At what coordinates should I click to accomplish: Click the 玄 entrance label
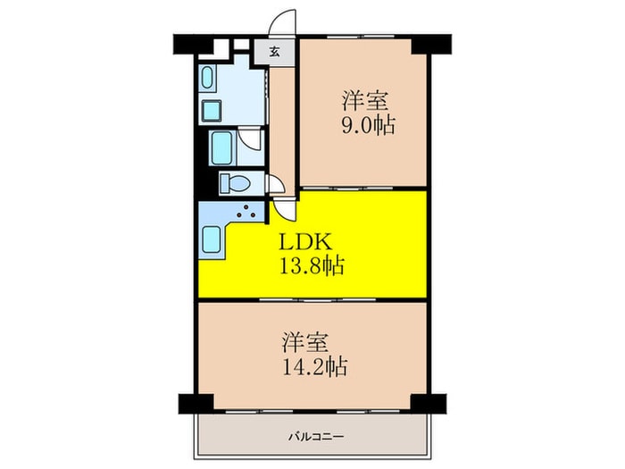point(274,52)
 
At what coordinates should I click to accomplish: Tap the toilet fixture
point(235,184)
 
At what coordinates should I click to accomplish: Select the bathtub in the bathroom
point(222,148)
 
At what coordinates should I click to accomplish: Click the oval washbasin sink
point(207,79)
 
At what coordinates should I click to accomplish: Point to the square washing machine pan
point(212,111)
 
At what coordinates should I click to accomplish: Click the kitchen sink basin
point(212,239)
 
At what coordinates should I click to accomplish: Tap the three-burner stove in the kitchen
point(246,212)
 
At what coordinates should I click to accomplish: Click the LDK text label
point(305,242)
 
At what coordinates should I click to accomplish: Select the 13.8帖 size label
point(312,265)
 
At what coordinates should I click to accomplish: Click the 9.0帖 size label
point(368,125)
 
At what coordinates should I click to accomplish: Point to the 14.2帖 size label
point(315,366)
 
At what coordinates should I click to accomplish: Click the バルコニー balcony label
point(316,437)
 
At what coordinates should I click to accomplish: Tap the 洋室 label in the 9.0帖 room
point(365,100)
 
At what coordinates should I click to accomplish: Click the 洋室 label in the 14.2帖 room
point(305,342)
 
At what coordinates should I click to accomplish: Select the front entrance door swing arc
point(281,22)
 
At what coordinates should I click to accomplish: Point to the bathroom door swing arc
point(249,138)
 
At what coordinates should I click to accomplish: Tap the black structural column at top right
point(431,44)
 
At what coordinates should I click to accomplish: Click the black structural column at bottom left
point(196,404)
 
